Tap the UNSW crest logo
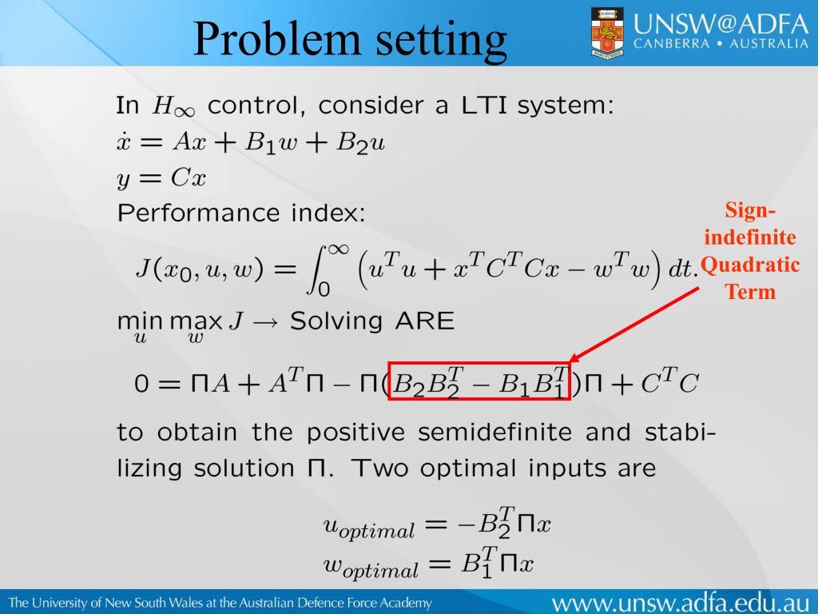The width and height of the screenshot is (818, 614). (607, 33)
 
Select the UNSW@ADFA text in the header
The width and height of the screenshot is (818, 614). (721, 22)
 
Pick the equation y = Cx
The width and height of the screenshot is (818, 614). (161, 177)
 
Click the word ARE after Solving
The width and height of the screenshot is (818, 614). (421, 322)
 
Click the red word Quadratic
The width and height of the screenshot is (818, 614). (750, 265)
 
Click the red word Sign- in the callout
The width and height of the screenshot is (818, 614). (750, 211)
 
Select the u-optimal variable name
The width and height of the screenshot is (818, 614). (368, 527)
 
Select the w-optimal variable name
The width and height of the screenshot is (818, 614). (370, 566)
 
